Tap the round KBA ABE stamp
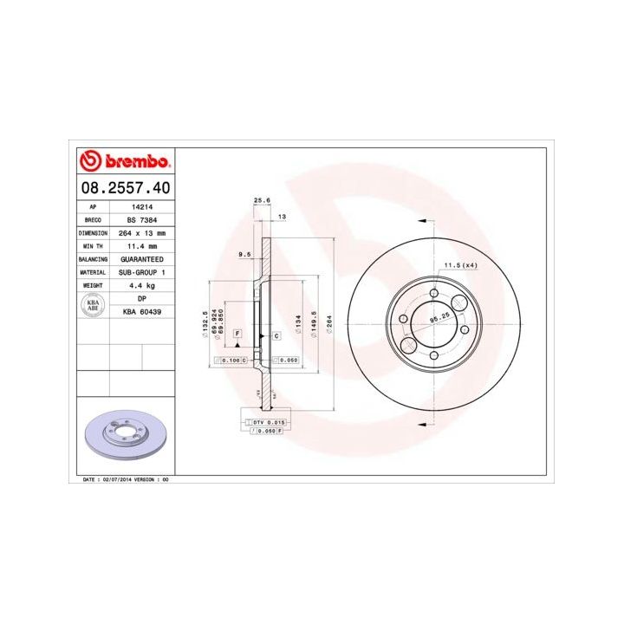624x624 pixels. click(92, 304)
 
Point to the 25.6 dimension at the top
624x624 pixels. click(261, 200)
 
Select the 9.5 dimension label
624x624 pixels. click(245, 254)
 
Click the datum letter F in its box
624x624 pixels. click(236, 334)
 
